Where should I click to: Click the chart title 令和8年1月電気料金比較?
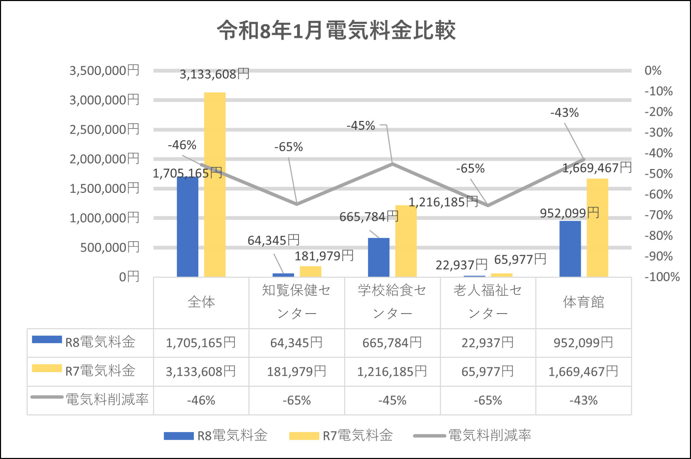[336, 30]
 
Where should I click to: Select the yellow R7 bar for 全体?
[215, 185]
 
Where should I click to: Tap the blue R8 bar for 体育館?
[570, 249]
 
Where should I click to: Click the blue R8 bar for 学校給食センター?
[378, 257]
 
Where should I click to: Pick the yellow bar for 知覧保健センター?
[310, 272]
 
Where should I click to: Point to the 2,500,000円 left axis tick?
[104, 130]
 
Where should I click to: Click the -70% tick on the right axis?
[658, 215]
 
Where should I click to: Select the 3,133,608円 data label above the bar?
[214, 74]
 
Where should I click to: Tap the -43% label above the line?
[564, 113]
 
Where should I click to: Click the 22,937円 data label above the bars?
[461, 265]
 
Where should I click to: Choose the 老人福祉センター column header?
[488, 302]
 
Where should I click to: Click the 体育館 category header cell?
[583, 302]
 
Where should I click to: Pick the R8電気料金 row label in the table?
[100, 342]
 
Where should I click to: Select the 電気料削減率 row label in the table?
[107, 400]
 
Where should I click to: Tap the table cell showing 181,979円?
[296, 372]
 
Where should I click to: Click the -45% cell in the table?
[392, 400]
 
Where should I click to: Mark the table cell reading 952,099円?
[583, 343]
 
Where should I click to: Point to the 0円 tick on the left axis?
[129, 277]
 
